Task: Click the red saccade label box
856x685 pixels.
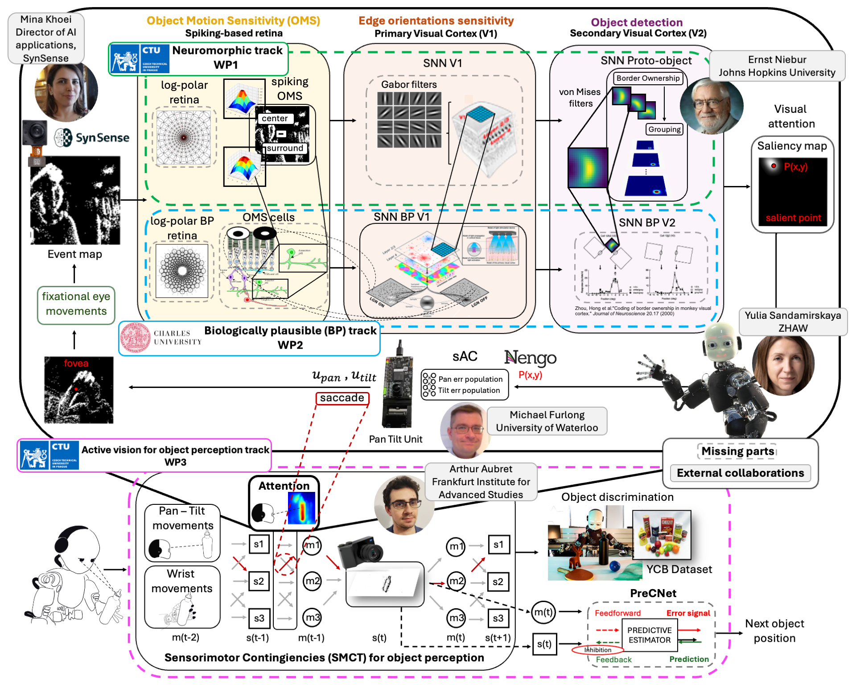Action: (x=342, y=398)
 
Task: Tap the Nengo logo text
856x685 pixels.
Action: (x=530, y=358)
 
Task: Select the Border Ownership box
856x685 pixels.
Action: (x=648, y=78)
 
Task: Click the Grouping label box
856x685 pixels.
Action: (x=664, y=129)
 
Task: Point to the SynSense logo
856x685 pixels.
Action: (x=92, y=138)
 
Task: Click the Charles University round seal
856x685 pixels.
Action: (x=136, y=338)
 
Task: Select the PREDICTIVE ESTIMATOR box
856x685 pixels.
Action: (x=649, y=635)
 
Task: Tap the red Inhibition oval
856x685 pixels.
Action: (x=598, y=650)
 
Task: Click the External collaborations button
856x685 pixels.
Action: (x=740, y=473)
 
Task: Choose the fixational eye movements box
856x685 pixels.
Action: (x=76, y=304)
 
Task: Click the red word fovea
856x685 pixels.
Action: (x=76, y=363)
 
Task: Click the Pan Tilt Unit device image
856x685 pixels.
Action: (x=397, y=386)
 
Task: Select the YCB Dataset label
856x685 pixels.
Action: (x=679, y=569)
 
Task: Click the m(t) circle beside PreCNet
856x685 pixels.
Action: (x=543, y=612)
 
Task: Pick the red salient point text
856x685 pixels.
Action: (x=793, y=218)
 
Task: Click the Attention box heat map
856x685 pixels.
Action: (x=301, y=508)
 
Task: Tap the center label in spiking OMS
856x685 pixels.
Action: (x=275, y=119)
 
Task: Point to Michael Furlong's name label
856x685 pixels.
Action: (x=547, y=421)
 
